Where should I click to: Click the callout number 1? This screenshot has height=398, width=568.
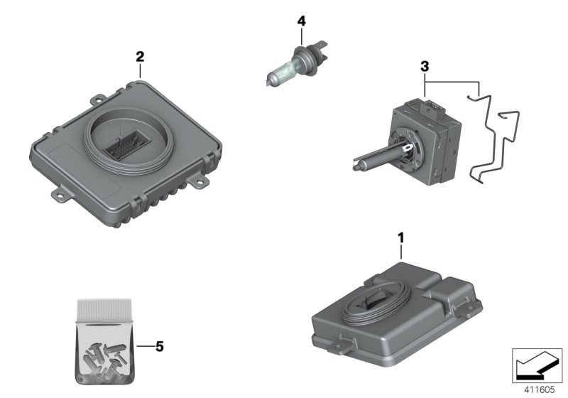[x=400, y=238]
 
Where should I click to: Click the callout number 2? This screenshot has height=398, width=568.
[x=140, y=57]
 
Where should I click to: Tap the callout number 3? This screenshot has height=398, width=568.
[x=425, y=66]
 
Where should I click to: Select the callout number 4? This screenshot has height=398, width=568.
[x=301, y=21]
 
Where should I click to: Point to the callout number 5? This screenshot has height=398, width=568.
[x=159, y=347]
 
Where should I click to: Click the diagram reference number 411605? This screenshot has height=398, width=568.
[x=539, y=389]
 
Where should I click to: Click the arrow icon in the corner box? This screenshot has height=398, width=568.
[x=537, y=365]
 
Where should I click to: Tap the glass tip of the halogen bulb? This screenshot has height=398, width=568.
[x=269, y=79]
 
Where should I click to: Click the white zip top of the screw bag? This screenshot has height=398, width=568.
[x=104, y=310]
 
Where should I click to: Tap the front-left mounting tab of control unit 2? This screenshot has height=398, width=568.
[x=62, y=193]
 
